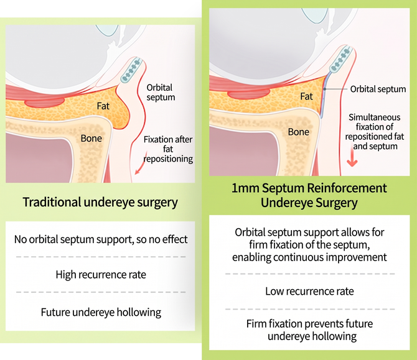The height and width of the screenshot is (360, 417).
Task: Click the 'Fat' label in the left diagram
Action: [103, 106]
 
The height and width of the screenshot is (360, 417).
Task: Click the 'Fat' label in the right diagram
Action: [306, 96]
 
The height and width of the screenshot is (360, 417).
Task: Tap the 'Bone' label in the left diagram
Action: [91, 138]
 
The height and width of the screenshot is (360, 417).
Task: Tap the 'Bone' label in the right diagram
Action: [298, 132]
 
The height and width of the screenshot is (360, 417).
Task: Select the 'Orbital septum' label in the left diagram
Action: [161, 92]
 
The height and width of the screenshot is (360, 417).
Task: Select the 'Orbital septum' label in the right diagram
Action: [378, 89]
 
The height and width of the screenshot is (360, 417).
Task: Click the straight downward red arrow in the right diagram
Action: [352, 157]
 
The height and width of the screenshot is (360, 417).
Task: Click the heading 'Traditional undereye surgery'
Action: [100, 202]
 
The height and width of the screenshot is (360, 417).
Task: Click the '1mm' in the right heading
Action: [245, 188]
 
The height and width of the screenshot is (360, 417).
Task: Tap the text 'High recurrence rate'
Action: [101, 274]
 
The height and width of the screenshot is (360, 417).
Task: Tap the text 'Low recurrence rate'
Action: [309, 291]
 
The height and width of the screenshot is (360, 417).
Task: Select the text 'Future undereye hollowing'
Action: [101, 312]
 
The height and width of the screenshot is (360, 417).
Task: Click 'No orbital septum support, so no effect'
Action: [101, 239]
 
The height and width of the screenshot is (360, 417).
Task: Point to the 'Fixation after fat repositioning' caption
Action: [168, 149]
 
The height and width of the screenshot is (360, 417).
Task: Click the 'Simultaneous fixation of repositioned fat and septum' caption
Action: [375, 132]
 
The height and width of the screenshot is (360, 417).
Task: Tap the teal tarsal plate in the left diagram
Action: [130, 70]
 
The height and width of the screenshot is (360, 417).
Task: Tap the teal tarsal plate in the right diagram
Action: [340, 59]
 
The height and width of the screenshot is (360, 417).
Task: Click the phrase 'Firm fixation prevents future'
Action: [309, 324]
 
